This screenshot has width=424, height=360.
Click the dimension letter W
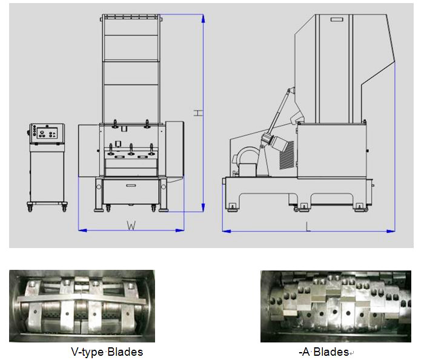[131, 225]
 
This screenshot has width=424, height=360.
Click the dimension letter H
[198, 113]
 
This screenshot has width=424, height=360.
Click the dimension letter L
[308, 226]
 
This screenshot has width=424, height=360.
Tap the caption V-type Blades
[107, 352]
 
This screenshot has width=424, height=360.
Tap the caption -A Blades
[324, 352]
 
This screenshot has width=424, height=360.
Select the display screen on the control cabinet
[47, 133]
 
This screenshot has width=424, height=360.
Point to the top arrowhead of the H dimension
[203, 18]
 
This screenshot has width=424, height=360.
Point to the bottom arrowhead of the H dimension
[203, 208]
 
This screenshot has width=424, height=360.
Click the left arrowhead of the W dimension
[82, 231]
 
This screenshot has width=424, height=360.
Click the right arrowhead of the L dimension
[391, 231]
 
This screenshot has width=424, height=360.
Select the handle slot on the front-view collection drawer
[131, 185]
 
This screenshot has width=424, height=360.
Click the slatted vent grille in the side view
[287, 155]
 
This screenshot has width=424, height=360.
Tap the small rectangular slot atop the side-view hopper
[337, 19]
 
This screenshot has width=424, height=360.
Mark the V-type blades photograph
[82, 306]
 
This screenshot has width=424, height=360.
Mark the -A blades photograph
[336, 306]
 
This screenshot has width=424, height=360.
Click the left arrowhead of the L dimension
[227, 231]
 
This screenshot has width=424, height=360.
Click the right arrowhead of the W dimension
[180, 231]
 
